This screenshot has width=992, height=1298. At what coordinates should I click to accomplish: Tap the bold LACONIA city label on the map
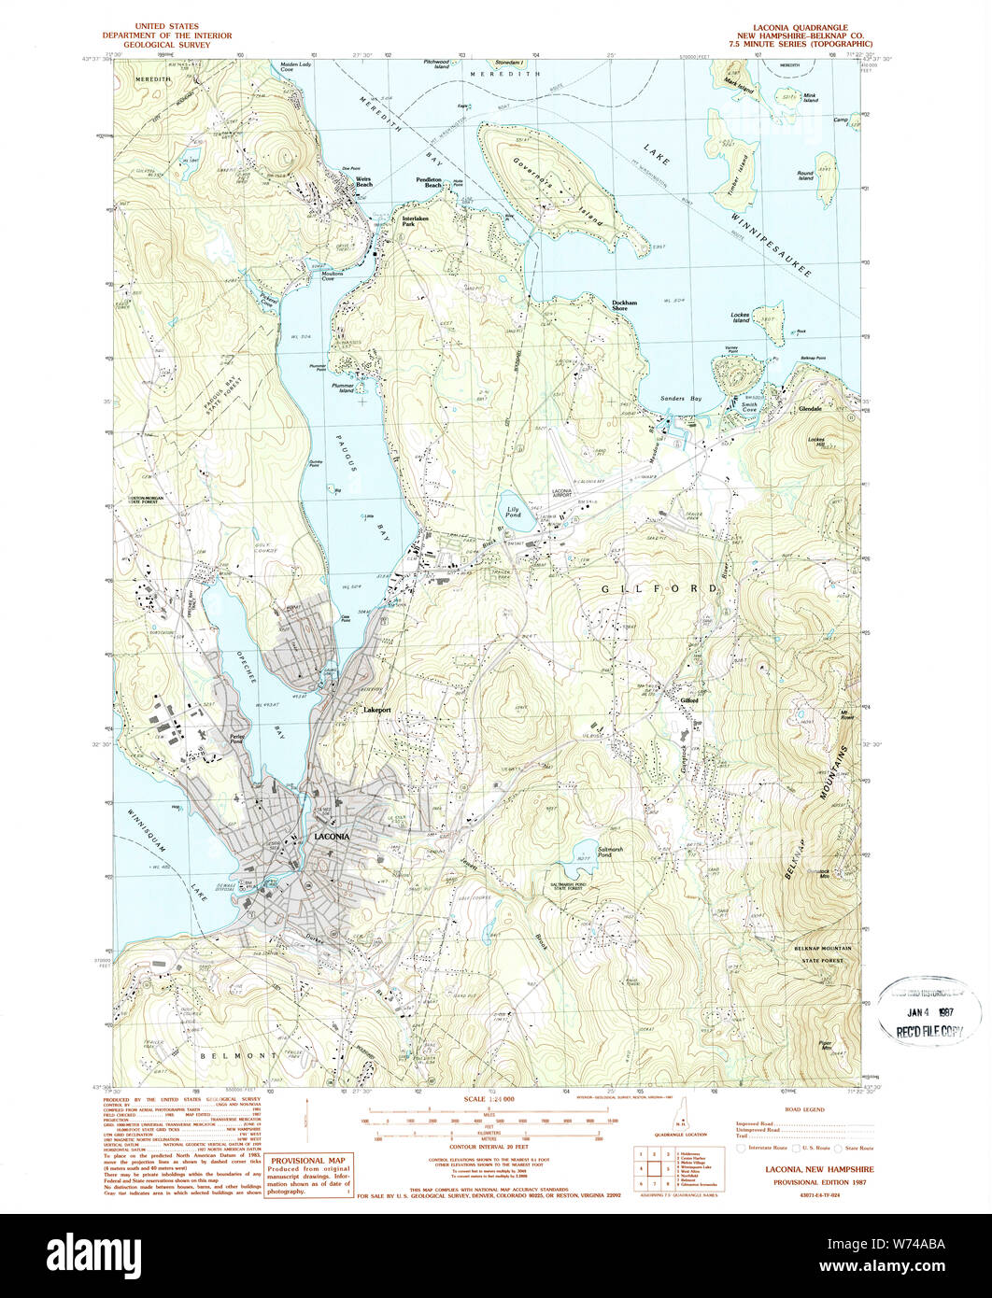pyautogui.click(x=332, y=837)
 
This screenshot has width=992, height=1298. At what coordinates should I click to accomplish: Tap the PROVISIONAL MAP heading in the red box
pyautogui.click(x=309, y=1159)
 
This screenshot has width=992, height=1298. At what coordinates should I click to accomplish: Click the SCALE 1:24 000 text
pyautogui.click(x=489, y=1099)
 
